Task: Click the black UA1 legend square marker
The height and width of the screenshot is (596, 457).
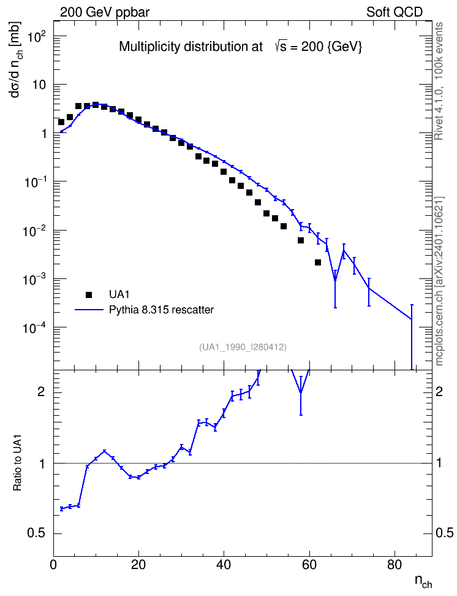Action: (x=89, y=294)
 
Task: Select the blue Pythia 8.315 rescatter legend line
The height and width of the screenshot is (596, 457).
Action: (x=89, y=310)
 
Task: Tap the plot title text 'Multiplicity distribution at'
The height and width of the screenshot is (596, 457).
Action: (x=191, y=47)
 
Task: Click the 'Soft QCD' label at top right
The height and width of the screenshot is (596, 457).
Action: (x=395, y=12)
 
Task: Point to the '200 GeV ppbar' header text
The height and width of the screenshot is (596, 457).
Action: (x=105, y=12)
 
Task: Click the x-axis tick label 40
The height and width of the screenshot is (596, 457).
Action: (x=224, y=565)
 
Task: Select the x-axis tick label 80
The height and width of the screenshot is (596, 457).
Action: (x=395, y=565)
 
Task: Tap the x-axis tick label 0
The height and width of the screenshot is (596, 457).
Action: (x=53, y=565)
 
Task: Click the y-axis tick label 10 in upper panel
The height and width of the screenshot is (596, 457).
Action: (x=39, y=85)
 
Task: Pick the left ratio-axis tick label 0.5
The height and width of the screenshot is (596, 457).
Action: (x=37, y=533)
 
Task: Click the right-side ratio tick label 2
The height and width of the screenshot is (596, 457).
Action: (x=439, y=392)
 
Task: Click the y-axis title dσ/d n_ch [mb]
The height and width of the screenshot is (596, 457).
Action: (x=16, y=59)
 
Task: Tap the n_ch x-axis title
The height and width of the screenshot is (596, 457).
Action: (x=423, y=581)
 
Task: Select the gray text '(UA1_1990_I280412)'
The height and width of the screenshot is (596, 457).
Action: (x=243, y=346)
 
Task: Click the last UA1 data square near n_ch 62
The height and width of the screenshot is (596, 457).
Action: (x=318, y=262)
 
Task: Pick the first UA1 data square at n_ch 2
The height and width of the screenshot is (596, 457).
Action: (x=61, y=122)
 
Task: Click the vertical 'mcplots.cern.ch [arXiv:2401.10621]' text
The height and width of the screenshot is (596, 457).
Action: (x=439, y=281)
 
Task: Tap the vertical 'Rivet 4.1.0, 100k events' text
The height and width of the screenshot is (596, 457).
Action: (x=439, y=81)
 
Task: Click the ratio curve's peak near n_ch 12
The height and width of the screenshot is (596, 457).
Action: (x=105, y=451)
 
